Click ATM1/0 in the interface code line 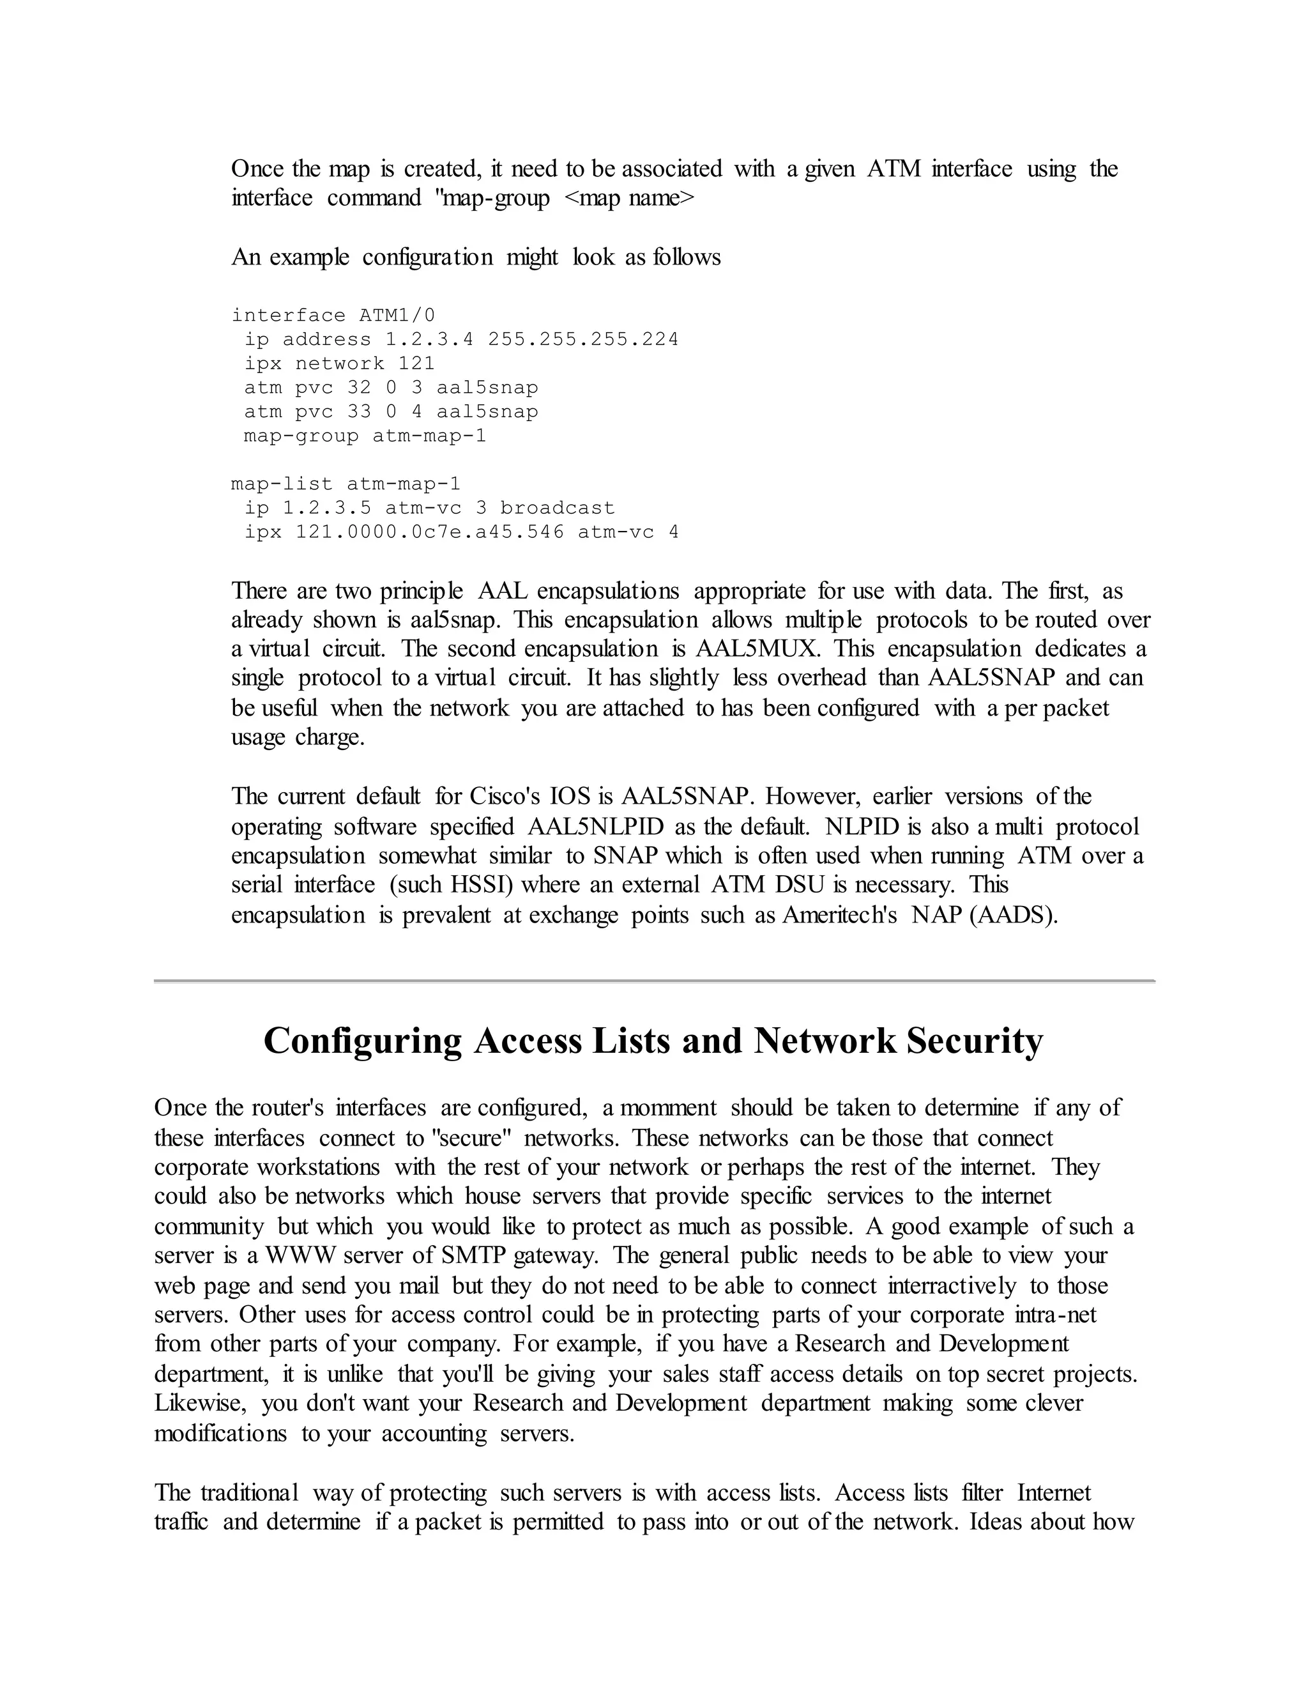click(x=397, y=316)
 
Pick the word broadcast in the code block click(x=556, y=509)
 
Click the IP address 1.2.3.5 click(x=326, y=509)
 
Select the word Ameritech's click(x=839, y=915)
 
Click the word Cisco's click(x=505, y=797)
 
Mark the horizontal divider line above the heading click(x=654, y=981)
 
